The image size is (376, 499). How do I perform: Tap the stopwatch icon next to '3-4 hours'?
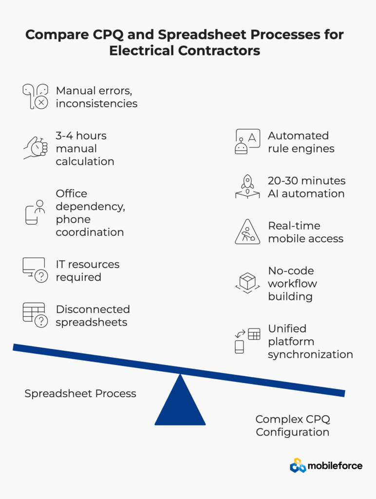click(x=35, y=147)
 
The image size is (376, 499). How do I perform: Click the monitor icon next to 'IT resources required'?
click(x=35, y=270)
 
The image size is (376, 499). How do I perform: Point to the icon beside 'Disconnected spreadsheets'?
click(x=35, y=315)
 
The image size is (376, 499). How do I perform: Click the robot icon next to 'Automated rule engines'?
click(x=247, y=142)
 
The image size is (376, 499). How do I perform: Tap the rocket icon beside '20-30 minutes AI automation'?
click(x=247, y=187)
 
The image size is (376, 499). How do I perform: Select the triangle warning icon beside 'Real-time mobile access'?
click(x=247, y=232)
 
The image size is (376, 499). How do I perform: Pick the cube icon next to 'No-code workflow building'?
click(x=247, y=283)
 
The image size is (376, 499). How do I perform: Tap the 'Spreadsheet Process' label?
click(x=80, y=393)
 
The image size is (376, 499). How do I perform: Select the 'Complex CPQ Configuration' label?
click(x=293, y=425)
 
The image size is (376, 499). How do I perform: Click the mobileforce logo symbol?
click(x=298, y=465)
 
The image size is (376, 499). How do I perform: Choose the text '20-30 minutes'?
click(x=306, y=181)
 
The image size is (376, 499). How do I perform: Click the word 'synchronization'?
click(x=310, y=354)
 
